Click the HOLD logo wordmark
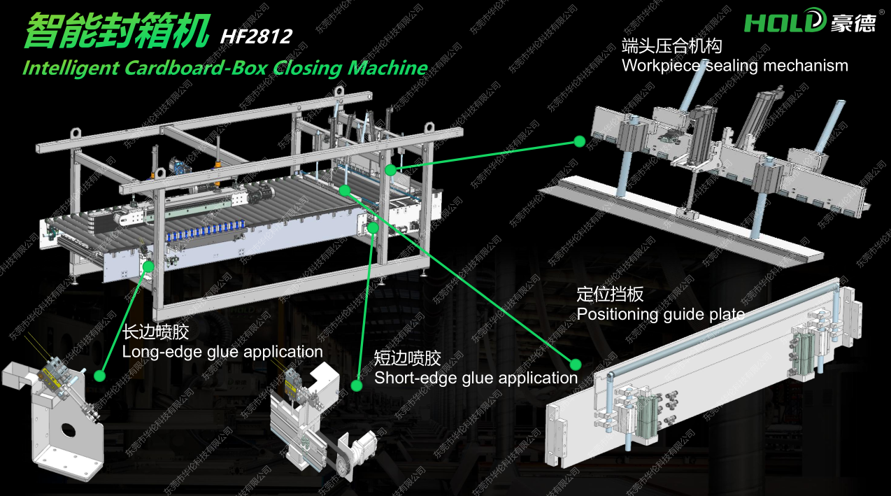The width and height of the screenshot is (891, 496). click(x=785, y=21)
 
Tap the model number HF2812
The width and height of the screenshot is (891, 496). click(x=256, y=36)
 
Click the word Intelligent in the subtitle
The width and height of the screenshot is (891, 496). click(x=71, y=68)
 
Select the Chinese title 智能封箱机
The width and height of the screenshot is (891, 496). click(x=117, y=31)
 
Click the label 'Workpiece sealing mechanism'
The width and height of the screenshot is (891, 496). click(x=734, y=66)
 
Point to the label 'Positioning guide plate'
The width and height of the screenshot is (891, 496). click(x=660, y=315)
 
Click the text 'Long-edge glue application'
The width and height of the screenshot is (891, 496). click(x=222, y=352)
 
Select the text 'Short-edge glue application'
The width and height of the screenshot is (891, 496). click(x=476, y=378)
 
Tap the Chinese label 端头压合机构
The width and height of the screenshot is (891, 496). click(x=671, y=45)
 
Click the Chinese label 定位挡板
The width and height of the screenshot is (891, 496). click(x=610, y=295)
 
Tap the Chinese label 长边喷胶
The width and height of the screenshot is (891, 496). click(x=155, y=332)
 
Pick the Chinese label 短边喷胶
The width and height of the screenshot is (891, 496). click(x=407, y=358)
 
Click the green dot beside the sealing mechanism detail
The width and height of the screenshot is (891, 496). click(x=580, y=141)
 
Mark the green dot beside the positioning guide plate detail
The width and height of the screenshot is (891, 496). click(x=575, y=364)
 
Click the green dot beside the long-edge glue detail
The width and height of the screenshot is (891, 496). click(x=100, y=376)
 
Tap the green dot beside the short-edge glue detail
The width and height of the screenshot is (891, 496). click(x=357, y=385)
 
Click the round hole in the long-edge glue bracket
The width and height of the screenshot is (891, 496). click(x=69, y=430)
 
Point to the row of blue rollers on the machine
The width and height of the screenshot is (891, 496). click(x=206, y=231)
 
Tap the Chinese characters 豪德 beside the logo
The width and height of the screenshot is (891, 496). click(x=853, y=22)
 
